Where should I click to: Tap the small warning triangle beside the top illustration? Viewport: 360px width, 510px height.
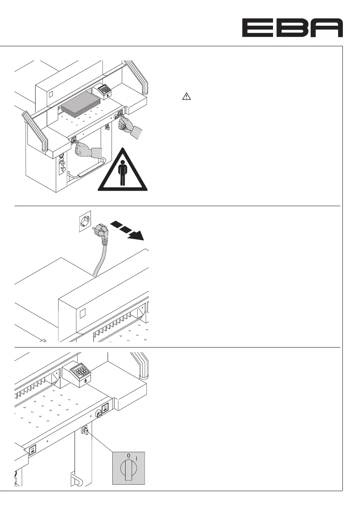pos(186,97)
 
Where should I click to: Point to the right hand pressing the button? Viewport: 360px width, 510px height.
pos(128,127)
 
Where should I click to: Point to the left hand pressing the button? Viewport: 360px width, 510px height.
pos(88,151)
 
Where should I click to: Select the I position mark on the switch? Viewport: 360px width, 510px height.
pos(137,458)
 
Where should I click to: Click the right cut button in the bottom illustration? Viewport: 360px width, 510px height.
pos(104,411)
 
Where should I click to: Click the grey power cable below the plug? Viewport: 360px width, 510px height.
pos(100,258)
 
